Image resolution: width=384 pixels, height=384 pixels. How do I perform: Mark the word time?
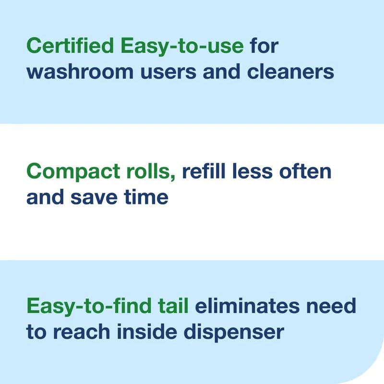coord(145,197)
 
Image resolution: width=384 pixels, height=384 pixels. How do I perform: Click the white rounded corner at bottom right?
coord(376,377)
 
